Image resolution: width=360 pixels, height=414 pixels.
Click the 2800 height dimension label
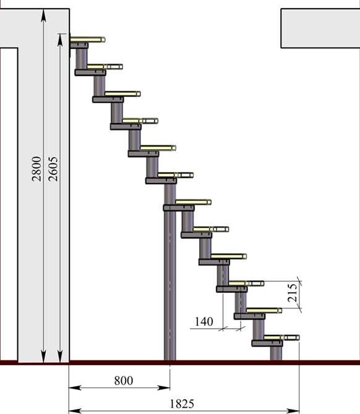[36, 169]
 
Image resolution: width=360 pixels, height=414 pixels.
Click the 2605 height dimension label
[53, 169]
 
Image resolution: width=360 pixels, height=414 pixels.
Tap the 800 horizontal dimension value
[124, 381]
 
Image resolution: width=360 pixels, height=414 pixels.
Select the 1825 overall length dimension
[182, 404]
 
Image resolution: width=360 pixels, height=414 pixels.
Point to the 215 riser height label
[293, 293]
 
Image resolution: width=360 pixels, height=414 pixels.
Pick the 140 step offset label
[204, 321]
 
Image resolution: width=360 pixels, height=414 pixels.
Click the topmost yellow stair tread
[88, 40]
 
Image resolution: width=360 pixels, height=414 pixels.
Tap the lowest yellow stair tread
[282, 337]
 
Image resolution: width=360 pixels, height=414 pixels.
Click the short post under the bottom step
[276, 353]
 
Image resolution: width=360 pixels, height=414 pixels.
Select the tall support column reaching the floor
[169, 272]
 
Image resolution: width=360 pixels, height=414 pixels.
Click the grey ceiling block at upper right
[320, 28]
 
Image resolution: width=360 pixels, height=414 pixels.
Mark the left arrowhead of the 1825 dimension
[75, 411]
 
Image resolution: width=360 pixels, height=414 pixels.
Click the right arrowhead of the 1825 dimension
[293, 411]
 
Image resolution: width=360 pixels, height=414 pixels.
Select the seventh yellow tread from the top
[193, 202]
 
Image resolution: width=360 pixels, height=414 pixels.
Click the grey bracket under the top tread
[79, 45]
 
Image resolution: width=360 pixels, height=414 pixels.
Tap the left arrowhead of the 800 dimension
[75, 388]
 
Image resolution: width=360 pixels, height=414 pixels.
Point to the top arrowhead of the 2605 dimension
[60, 40]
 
